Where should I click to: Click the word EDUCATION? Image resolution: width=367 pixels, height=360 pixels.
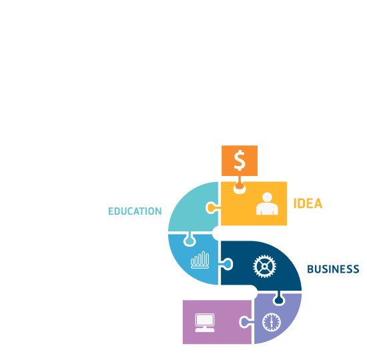pos(135,211)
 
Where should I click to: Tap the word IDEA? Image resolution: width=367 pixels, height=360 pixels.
pos(308,203)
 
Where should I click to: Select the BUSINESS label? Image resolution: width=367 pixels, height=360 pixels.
pos(333,269)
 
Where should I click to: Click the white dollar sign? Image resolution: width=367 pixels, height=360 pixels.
pos(240,161)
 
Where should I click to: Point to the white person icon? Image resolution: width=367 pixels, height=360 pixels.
pos(267,203)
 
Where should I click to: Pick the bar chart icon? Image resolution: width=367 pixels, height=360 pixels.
pos(200,260)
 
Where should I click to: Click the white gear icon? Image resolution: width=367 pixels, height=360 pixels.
pos(265,266)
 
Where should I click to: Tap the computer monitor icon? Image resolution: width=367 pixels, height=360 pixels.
pos(205,323)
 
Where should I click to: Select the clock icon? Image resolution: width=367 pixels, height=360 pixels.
pos(272,323)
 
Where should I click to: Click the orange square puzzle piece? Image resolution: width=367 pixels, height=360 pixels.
pos(240,161)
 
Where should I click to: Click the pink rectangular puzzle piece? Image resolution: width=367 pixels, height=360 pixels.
pos(217,322)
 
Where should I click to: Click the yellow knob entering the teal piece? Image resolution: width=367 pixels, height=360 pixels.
pos(212,207)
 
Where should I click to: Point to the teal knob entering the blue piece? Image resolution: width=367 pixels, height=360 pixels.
pos(190,240)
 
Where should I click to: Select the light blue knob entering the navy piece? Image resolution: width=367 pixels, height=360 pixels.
pos(227,264)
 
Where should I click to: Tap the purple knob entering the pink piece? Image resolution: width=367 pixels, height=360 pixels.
pos(246,322)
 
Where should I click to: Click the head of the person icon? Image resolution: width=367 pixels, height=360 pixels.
pos(267,197)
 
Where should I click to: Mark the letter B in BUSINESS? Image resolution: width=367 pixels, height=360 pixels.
pos(310,269)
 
